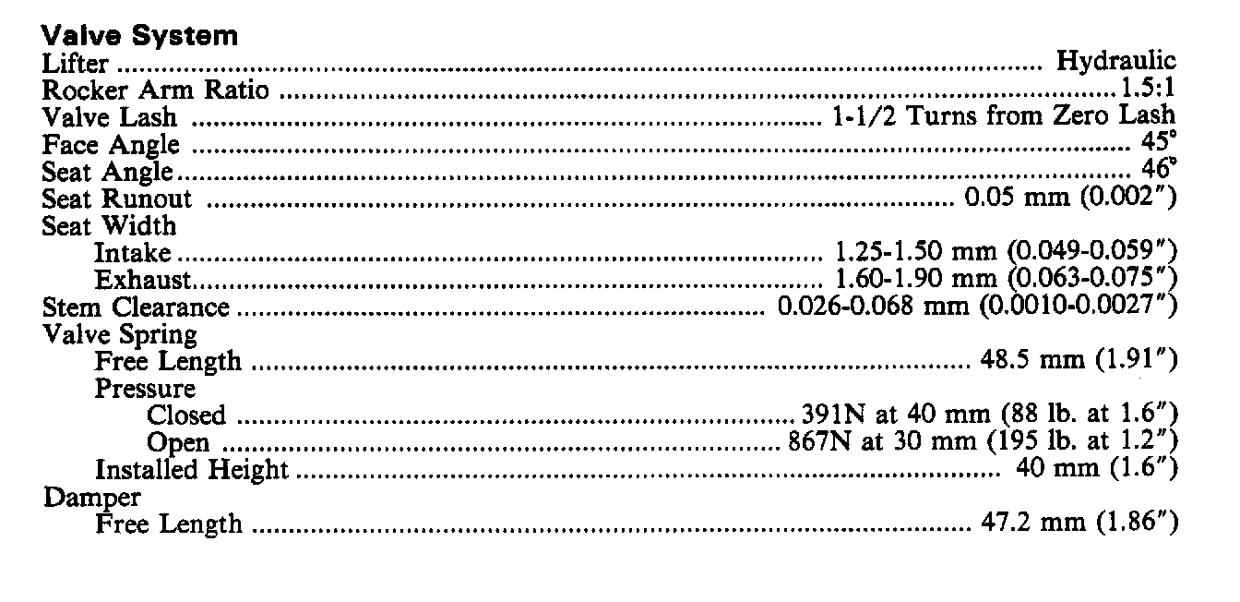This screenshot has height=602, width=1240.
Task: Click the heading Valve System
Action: [140, 36]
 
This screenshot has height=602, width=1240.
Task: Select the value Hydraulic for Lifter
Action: [1116, 63]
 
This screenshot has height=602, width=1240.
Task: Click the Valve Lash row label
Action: [111, 117]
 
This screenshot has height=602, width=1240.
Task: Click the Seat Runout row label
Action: [117, 198]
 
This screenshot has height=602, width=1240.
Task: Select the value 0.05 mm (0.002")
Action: [1069, 198]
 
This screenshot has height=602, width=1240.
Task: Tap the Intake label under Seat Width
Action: [133, 252]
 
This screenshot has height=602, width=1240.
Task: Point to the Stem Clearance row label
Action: [136, 307]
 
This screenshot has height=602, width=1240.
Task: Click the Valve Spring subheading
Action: [120, 333]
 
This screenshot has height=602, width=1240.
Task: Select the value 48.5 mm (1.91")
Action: [1077, 360]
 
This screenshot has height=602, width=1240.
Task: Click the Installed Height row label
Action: [192, 469]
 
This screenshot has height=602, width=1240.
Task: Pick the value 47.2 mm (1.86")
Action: [1075, 524]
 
